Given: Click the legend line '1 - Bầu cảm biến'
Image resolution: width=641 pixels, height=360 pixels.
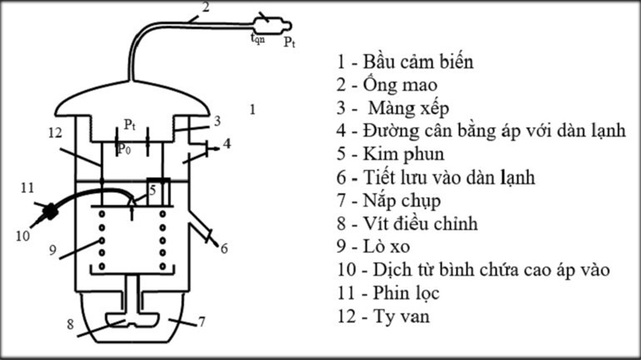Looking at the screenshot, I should [406, 61].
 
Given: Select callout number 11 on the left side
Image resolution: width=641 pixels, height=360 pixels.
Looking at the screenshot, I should [27, 188].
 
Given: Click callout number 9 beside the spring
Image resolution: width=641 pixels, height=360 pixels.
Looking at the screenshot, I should [50, 249].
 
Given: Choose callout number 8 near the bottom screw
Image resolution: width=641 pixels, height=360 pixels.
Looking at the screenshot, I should [70, 326].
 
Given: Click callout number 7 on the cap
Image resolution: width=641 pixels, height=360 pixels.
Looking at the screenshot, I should [202, 322].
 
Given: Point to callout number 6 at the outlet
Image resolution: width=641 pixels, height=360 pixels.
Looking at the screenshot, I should [224, 249].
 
